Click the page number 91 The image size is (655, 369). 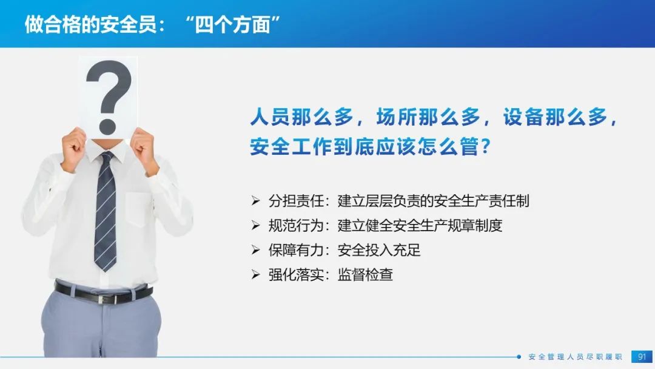(642, 357)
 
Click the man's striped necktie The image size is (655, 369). (106, 211)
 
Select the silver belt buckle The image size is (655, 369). (102, 299)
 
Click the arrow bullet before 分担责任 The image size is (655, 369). (256, 201)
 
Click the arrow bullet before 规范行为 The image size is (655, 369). (256, 226)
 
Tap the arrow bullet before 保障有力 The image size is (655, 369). (256, 250)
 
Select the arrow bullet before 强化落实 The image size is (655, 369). (256, 274)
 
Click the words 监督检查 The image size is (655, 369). (365, 274)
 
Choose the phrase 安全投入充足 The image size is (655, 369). (379, 250)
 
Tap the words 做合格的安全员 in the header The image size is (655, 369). (90, 25)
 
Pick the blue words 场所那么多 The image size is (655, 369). (428, 117)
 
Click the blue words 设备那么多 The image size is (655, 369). (555, 117)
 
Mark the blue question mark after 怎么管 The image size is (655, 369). (485, 146)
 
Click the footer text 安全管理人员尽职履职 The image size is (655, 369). (575, 357)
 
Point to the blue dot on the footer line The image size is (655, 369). (519, 357)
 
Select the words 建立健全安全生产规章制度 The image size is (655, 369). (420, 226)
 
